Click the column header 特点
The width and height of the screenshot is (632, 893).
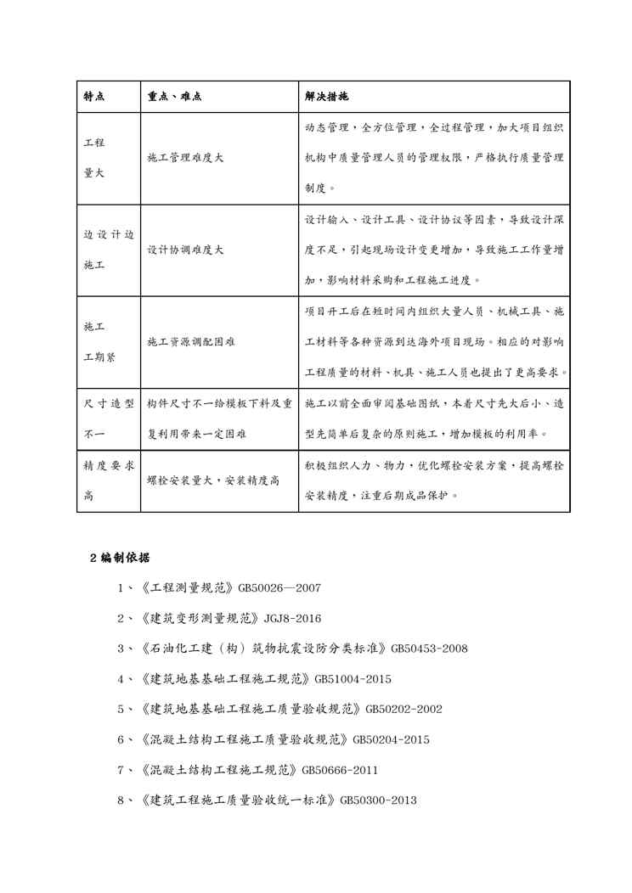(93, 95)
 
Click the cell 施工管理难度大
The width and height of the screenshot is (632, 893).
(185, 157)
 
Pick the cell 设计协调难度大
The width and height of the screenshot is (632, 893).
(185, 250)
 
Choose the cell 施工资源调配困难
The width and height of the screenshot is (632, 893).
(191, 342)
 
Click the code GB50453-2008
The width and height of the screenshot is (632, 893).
(428, 649)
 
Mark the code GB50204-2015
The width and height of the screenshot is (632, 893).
(390, 739)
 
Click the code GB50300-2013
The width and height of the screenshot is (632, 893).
(378, 800)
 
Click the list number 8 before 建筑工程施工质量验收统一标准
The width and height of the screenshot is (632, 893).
(121, 800)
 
